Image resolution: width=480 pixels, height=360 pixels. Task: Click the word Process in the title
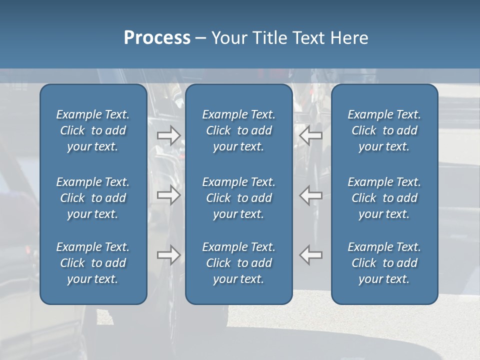[157, 38]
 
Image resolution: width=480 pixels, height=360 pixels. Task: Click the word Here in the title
[349, 38]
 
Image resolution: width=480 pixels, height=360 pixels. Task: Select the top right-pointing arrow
[168, 135]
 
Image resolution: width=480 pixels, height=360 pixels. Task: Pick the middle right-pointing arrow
[168, 195]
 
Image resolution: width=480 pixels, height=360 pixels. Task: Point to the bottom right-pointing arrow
[168, 255]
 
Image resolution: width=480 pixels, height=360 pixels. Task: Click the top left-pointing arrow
[310, 135]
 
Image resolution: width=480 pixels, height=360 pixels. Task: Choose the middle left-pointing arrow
[310, 195]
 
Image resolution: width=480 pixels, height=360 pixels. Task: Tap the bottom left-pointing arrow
[310, 255]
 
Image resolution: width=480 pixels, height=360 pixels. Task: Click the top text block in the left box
[93, 130]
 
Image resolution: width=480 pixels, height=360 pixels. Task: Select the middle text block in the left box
[93, 198]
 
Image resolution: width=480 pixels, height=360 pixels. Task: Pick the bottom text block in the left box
[93, 263]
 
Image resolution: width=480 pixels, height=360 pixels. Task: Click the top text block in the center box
[239, 130]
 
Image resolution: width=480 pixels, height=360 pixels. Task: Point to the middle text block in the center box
[239, 198]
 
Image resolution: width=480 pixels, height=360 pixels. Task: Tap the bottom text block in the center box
[239, 263]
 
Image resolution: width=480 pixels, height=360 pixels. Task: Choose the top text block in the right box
[384, 130]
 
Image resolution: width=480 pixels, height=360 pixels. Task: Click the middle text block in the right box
[384, 198]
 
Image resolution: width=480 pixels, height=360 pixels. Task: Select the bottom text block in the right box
[384, 263]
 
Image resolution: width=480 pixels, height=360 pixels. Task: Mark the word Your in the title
[228, 38]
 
